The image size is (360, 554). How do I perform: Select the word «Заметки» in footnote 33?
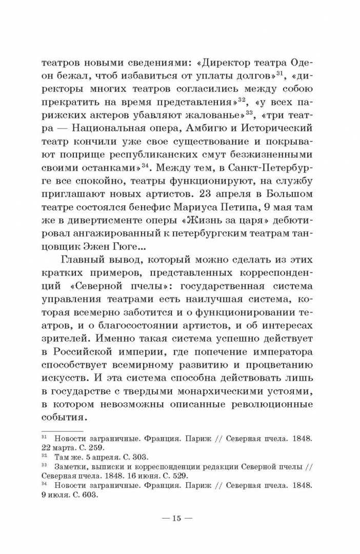[x=72, y=467]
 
